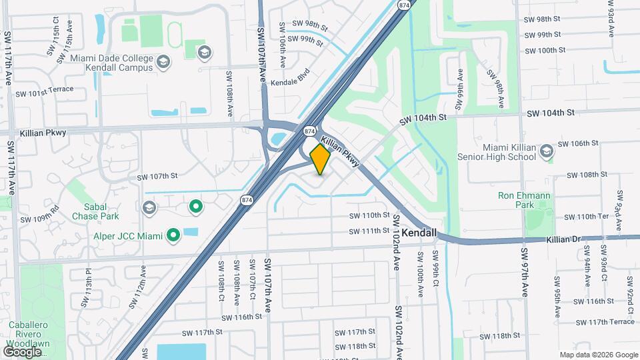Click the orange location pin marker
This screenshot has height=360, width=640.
(x=320, y=159)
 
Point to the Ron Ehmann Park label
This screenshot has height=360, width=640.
(x=525, y=200)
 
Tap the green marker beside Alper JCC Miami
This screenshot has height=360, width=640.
(x=173, y=235)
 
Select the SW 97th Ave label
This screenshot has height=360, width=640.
(x=524, y=282)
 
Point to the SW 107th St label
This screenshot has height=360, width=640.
(x=157, y=177)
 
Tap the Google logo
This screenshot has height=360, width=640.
(x=21, y=351)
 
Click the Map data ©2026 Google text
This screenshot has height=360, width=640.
(x=598, y=355)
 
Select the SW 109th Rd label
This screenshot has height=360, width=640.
(x=40, y=215)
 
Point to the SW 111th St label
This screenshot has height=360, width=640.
(x=369, y=231)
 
